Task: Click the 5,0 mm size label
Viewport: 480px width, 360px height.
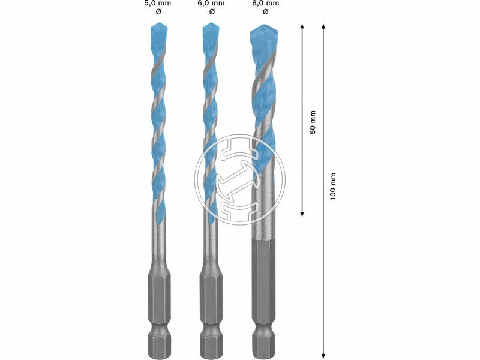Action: click(x=158, y=4)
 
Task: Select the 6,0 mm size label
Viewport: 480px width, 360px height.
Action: click(x=212, y=4)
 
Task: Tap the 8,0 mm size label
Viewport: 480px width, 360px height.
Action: click(x=266, y=4)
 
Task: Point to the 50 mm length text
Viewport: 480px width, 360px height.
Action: click(x=312, y=122)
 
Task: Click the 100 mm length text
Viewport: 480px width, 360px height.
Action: click(x=333, y=187)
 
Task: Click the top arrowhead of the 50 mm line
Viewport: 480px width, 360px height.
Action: click(x=302, y=26)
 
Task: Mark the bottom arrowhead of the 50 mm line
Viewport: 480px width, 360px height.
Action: click(x=302, y=214)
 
